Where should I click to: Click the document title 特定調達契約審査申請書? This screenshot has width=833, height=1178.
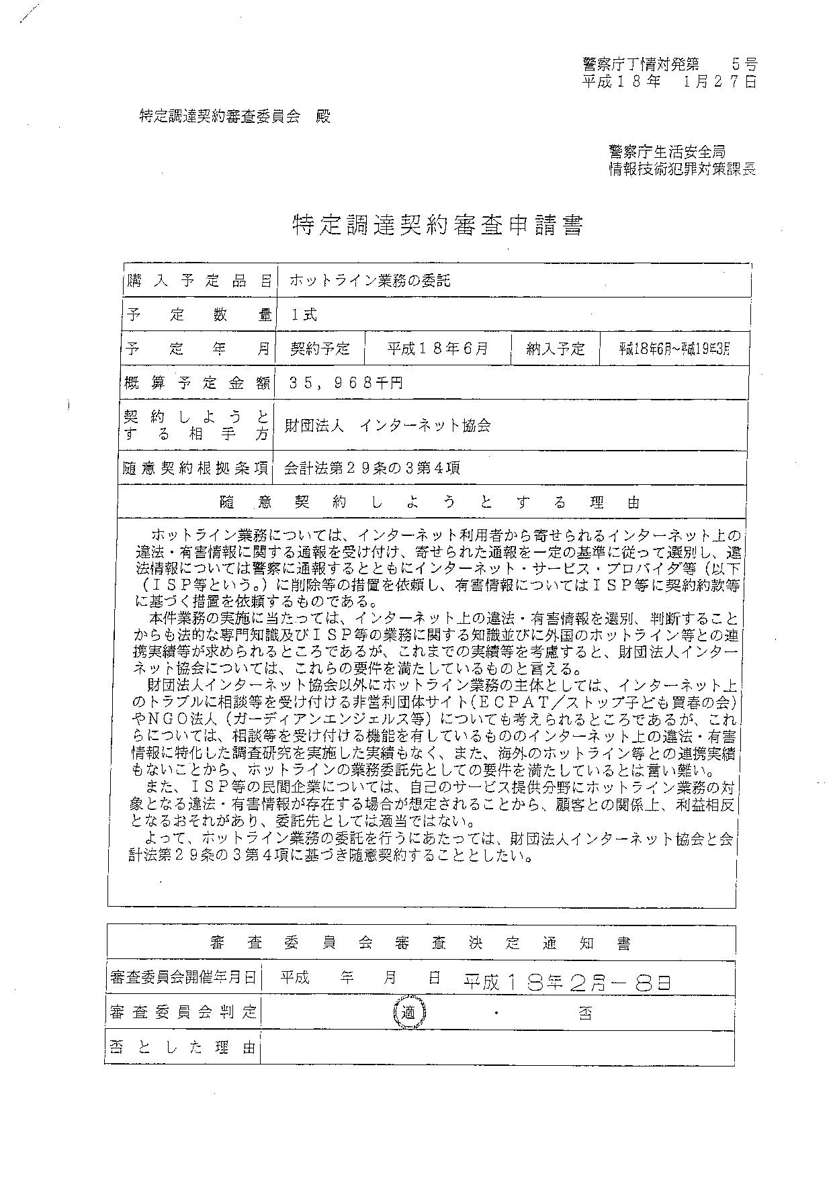[x=437, y=226]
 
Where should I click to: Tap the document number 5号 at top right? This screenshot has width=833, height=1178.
[x=744, y=64]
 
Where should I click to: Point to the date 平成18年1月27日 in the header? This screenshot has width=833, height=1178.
[x=669, y=82]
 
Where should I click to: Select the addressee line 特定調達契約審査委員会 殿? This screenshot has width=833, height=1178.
[x=234, y=116]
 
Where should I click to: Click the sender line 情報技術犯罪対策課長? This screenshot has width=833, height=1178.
[x=682, y=169]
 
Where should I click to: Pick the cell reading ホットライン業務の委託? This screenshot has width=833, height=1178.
[x=369, y=281]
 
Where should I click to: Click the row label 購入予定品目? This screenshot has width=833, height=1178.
[x=198, y=281]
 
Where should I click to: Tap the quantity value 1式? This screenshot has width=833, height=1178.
[x=304, y=314]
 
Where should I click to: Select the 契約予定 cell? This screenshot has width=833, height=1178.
[x=320, y=349]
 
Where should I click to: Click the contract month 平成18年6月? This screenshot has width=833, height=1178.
[x=437, y=349]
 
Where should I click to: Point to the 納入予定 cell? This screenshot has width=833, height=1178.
[x=555, y=349]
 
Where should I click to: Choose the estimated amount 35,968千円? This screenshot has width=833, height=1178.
[x=345, y=383]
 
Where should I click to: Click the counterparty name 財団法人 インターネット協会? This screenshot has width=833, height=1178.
[x=388, y=425]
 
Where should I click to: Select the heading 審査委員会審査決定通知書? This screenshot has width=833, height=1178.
[x=421, y=943]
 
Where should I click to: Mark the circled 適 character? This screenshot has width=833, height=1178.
[x=408, y=1013]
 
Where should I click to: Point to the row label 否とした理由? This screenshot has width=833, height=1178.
[x=183, y=1047]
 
